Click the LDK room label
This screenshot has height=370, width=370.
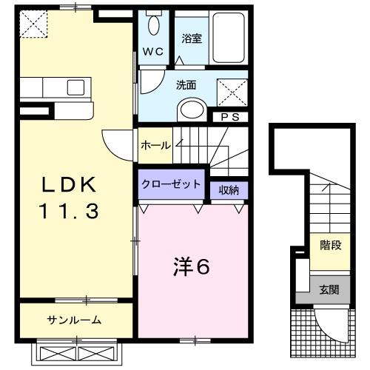click(x=67, y=184)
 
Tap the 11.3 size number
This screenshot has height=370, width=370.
click(x=67, y=210)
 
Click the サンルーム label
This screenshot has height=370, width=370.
click(x=74, y=320)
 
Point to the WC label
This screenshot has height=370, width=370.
click(x=153, y=52)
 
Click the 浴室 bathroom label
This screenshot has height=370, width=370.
click(x=192, y=38)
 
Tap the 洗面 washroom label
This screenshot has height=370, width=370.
click(x=186, y=84)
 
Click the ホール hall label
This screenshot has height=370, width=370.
click(x=155, y=145)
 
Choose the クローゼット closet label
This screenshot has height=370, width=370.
click(x=171, y=184)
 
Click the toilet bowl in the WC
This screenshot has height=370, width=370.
click(x=153, y=27)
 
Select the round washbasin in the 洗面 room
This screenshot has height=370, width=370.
click(x=191, y=110)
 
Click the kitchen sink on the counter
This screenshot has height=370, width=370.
click(x=76, y=87)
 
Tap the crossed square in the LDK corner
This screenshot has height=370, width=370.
click(x=33, y=24)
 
